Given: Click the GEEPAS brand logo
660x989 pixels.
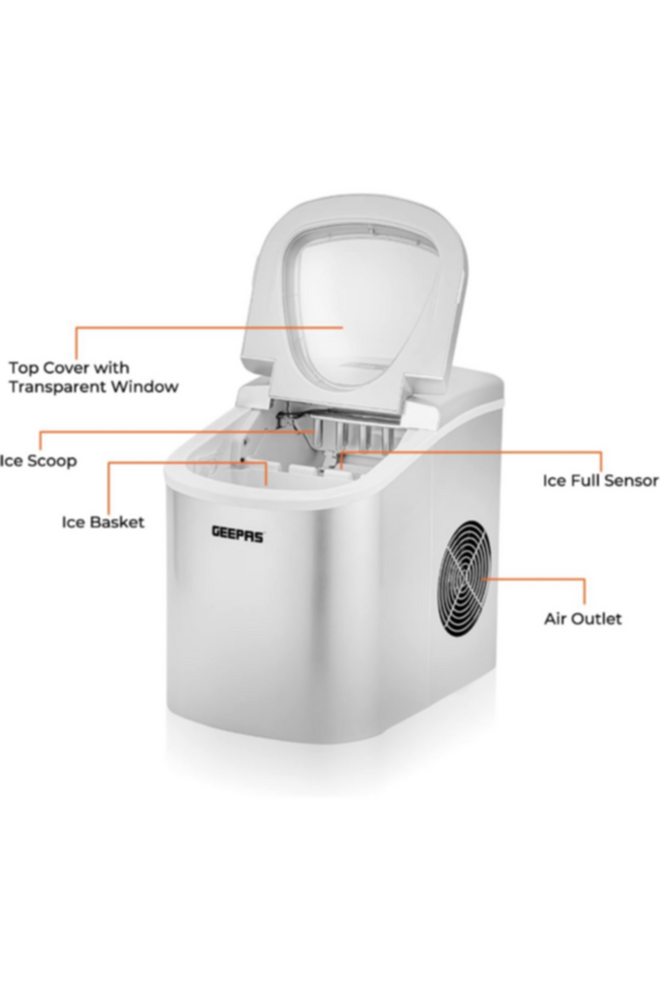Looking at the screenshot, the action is click(x=238, y=534).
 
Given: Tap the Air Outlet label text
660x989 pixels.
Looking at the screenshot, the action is click(x=583, y=619).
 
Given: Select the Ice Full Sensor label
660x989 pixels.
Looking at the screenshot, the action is click(x=601, y=481).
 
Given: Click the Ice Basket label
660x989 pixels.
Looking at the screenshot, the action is click(x=102, y=523).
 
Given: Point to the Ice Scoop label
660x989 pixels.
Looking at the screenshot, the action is click(x=38, y=461).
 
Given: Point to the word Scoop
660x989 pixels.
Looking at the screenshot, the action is click(x=52, y=461).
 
